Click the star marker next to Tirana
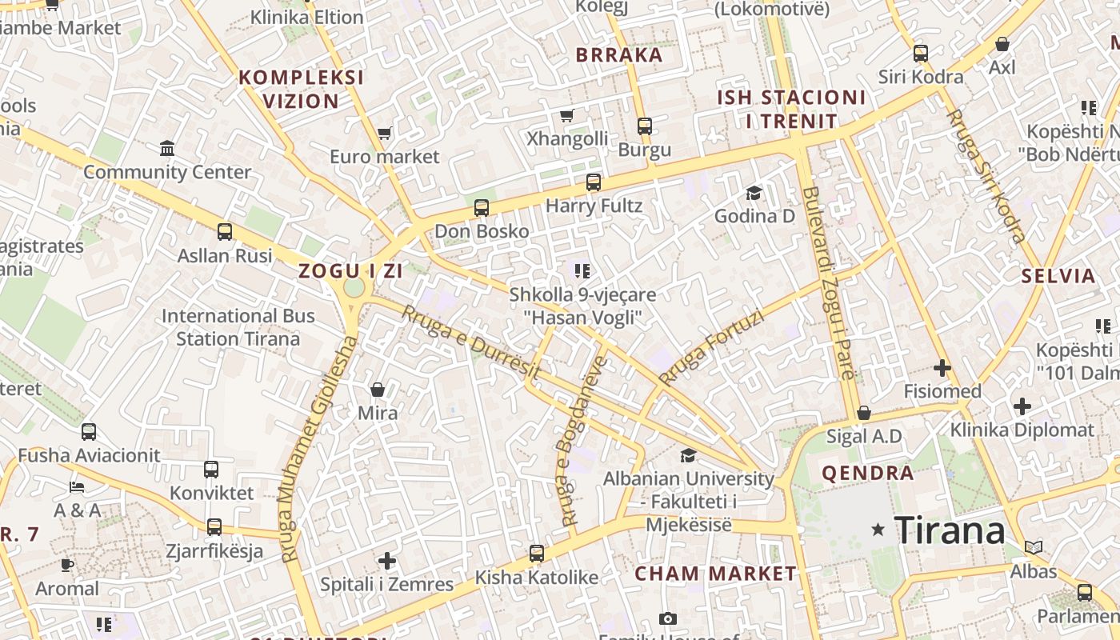click(x=878, y=530)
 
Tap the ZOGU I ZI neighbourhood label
click(x=350, y=270)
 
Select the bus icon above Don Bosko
click(x=481, y=208)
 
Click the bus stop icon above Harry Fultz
click(x=593, y=182)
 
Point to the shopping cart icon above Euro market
click(x=385, y=133)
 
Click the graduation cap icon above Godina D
click(x=754, y=193)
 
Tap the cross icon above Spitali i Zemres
click(x=387, y=560)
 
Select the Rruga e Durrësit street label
click(x=470, y=343)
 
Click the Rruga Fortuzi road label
click(x=710, y=348)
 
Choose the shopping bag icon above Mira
click(x=377, y=390)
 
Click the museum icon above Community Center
click(x=167, y=149)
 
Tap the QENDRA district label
click(x=868, y=473)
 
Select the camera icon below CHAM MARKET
click(x=667, y=618)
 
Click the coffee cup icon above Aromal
click(x=67, y=566)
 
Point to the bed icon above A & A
click(x=77, y=486)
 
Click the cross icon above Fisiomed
click(x=942, y=368)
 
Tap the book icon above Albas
click(x=1033, y=548)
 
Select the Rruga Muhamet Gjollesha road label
click(x=318, y=449)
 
